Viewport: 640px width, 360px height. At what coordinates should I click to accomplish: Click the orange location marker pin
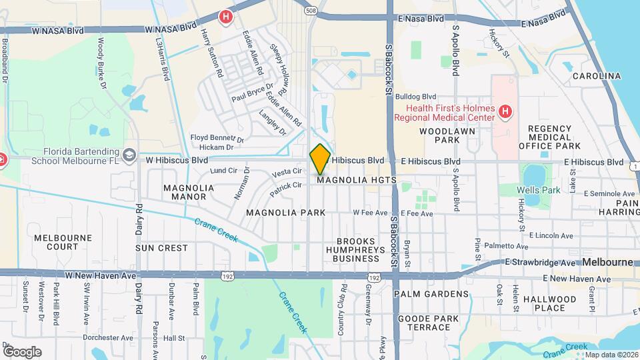(320, 159)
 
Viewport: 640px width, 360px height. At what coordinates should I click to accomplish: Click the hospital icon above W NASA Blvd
(226, 17)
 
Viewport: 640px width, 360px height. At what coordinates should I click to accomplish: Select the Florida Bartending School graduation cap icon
(129, 155)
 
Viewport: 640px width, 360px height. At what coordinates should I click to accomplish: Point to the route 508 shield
(311, 10)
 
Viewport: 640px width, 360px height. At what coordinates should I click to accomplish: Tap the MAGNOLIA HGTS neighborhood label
(357, 180)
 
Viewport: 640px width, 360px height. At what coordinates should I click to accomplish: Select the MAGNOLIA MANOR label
(189, 192)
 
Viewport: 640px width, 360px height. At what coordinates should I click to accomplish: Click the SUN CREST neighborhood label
(162, 248)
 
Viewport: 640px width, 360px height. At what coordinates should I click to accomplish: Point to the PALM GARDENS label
(431, 294)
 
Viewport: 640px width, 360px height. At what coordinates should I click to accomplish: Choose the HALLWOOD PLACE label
(549, 303)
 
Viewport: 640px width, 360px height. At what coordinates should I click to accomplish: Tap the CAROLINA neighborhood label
(596, 76)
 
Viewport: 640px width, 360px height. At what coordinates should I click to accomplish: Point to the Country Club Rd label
(343, 301)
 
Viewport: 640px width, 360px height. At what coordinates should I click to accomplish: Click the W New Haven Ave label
(100, 275)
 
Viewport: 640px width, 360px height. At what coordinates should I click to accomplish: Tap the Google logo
(22, 351)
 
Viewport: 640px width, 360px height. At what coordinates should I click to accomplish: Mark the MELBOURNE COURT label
(57, 242)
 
